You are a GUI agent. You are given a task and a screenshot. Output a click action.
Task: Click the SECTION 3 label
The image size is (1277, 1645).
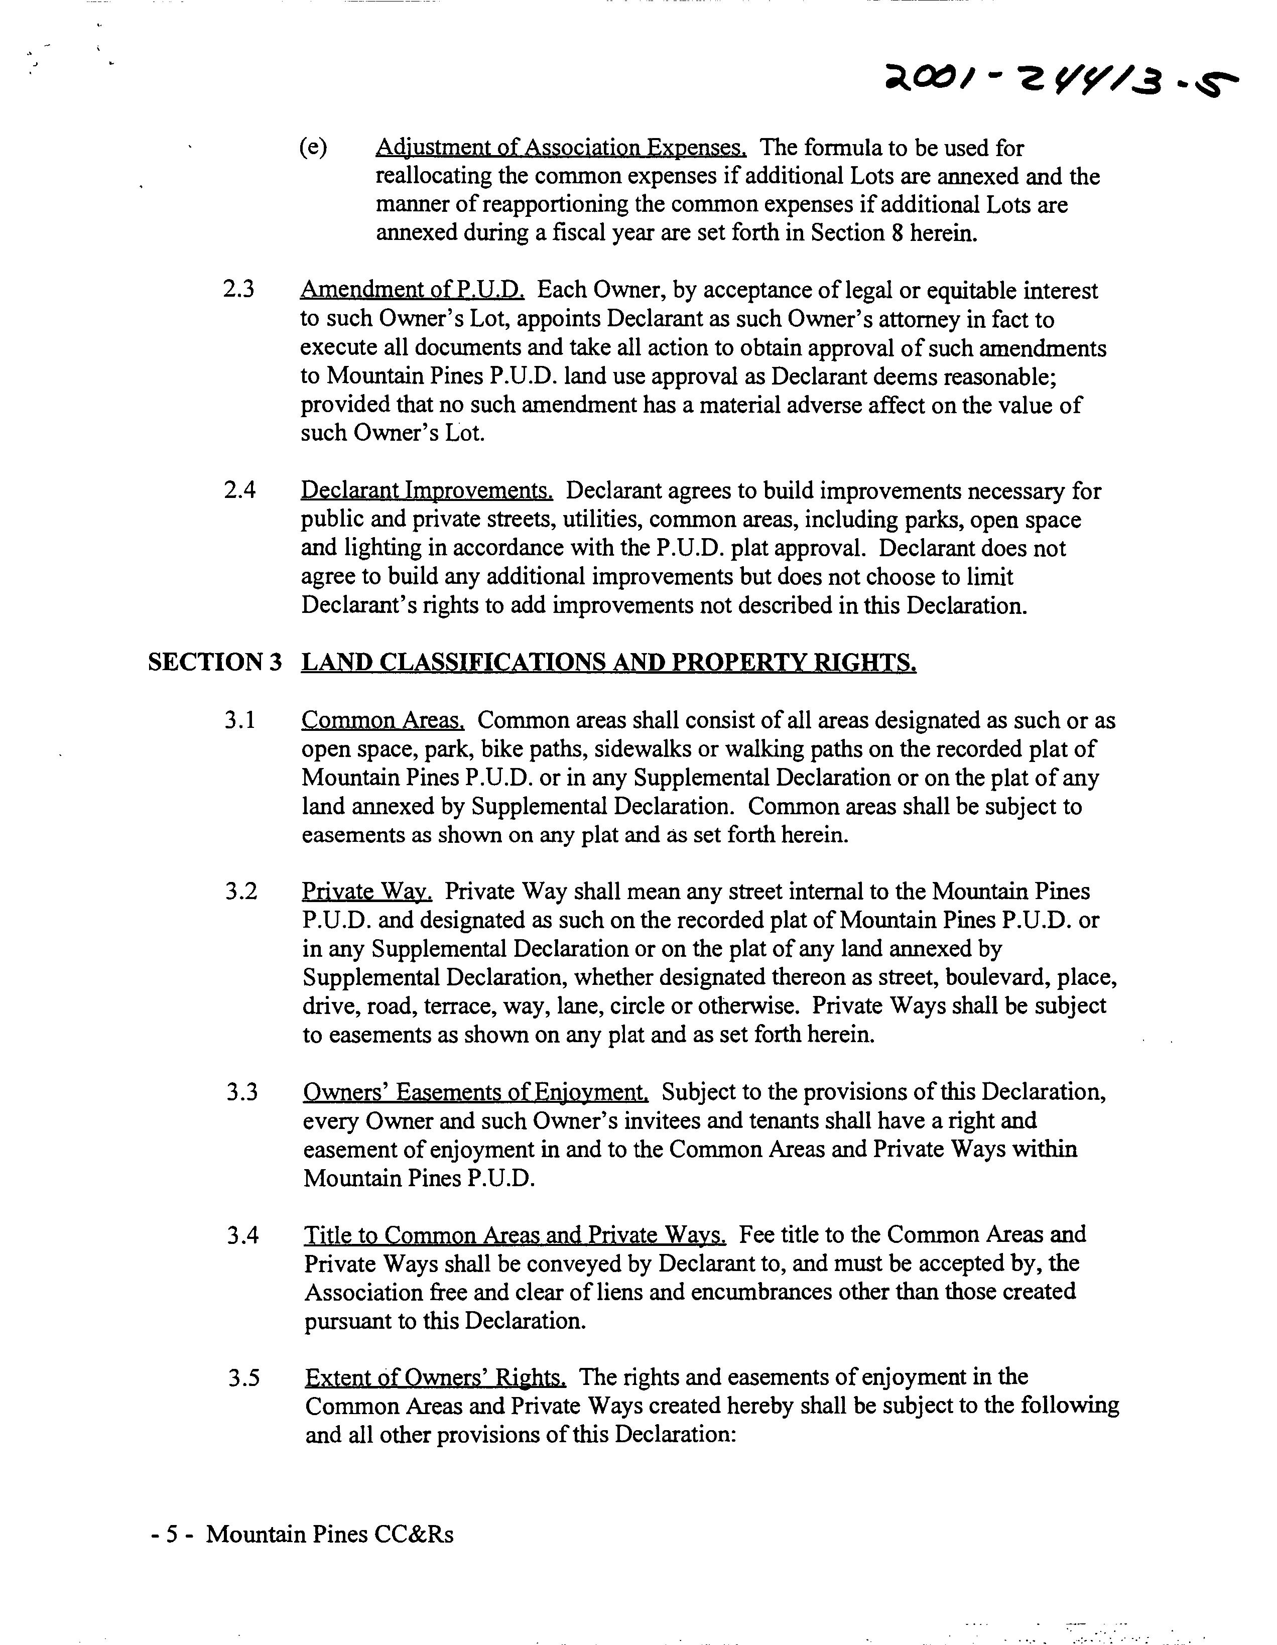(x=215, y=662)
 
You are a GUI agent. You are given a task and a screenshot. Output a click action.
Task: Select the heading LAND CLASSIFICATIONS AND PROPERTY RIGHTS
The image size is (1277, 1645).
(x=609, y=662)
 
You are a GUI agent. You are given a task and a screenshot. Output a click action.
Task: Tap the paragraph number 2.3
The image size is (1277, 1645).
(x=239, y=290)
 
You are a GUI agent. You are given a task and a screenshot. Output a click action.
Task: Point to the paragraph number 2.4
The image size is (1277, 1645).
(x=239, y=490)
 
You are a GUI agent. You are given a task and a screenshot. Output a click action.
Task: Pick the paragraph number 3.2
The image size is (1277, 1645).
(x=241, y=892)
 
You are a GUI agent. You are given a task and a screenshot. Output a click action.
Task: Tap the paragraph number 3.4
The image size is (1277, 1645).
(x=242, y=1235)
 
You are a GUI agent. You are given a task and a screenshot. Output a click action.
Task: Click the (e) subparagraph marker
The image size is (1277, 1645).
(x=313, y=147)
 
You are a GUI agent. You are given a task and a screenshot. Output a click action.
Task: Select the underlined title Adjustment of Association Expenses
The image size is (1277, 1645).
(x=561, y=147)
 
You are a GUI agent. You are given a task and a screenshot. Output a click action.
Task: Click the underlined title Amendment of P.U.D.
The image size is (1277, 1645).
(x=412, y=290)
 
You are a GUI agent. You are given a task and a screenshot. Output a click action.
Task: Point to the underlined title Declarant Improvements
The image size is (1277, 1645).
(x=427, y=490)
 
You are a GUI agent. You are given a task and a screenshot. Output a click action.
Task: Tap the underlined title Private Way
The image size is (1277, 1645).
(x=367, y=892)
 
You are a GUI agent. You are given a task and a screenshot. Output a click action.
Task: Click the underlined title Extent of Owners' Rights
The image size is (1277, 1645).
(x=436, y=1377)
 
